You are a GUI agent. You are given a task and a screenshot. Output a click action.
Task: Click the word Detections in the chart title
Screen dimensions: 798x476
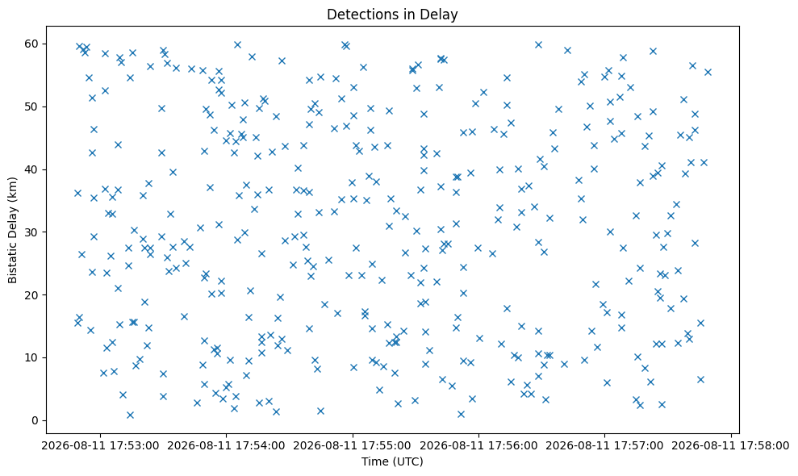355,15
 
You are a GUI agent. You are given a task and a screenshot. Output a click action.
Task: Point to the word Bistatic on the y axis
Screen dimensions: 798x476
12,259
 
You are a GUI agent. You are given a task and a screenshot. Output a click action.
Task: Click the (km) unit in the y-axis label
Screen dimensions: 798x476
12,189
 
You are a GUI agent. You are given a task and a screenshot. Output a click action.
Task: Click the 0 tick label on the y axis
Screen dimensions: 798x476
36,420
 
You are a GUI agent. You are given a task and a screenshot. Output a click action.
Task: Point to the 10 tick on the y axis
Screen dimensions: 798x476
31,358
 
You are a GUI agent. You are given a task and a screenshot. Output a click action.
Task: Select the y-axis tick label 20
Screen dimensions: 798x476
31,295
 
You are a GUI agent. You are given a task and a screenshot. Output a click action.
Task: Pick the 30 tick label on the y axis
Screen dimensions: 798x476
31,232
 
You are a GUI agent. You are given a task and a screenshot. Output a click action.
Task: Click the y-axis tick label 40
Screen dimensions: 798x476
31,169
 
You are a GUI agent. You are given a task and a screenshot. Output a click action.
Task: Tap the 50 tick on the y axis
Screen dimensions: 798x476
31,107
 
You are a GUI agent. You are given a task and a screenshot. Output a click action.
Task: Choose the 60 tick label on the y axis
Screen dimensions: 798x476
31,44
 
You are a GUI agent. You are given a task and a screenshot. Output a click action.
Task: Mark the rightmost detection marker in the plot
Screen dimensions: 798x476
708,73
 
